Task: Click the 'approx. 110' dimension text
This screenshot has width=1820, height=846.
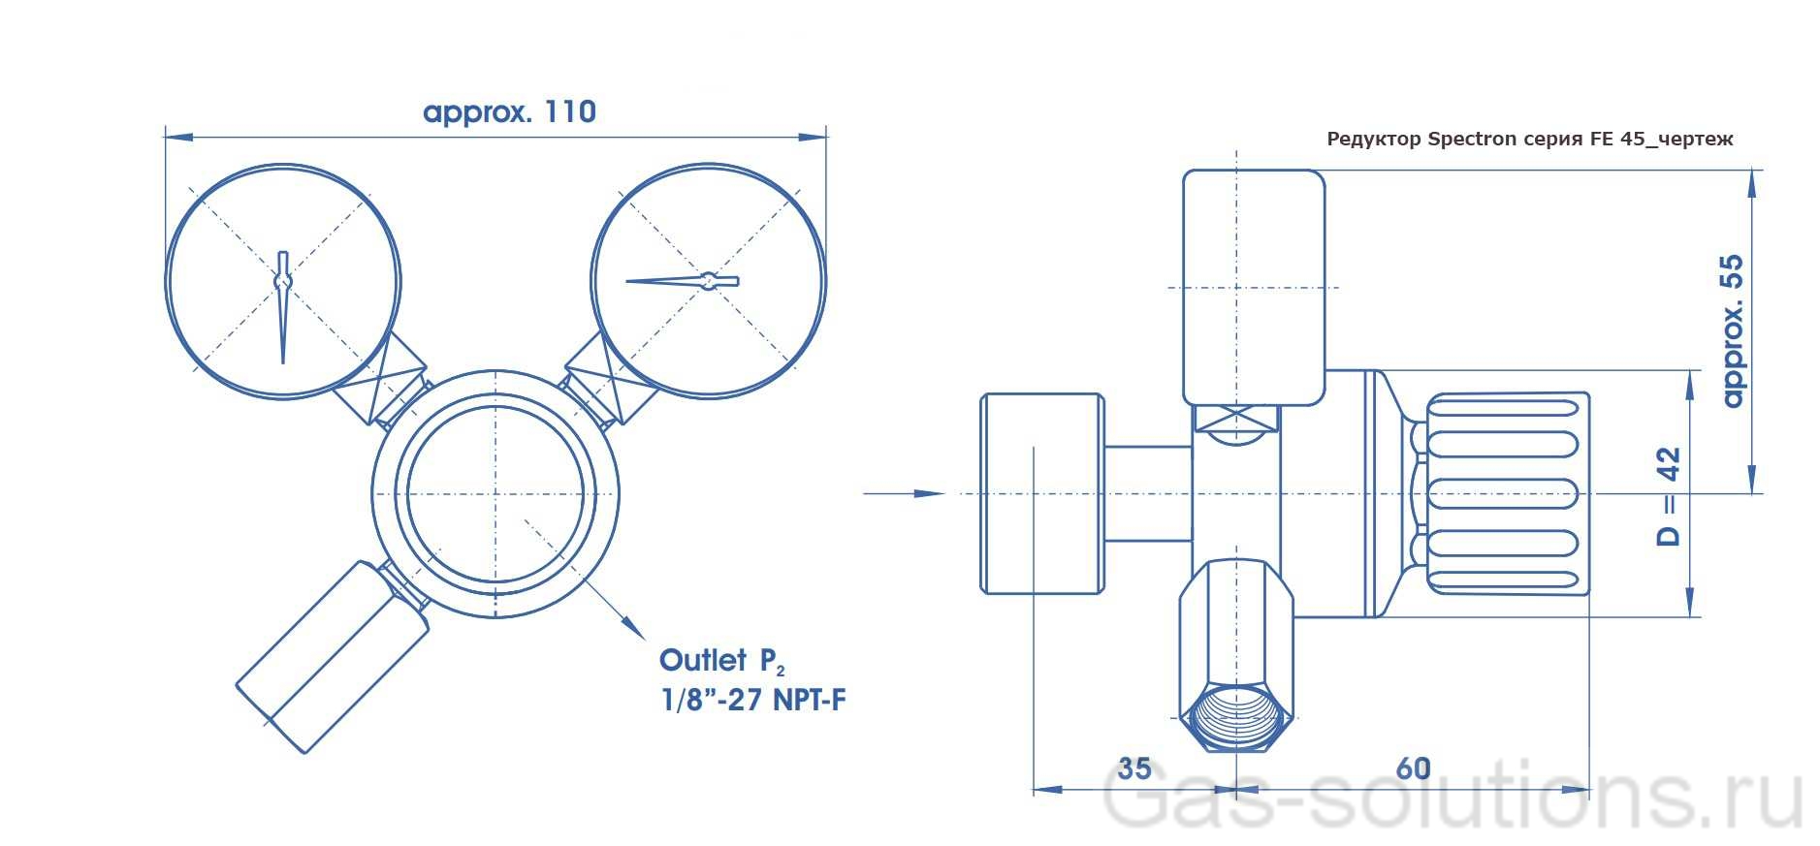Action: point(509,112)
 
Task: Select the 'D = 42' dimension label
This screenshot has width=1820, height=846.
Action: point(1668,496)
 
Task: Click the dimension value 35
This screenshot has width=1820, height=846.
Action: point(1134,768)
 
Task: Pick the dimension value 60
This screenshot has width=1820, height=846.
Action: point(1413,768)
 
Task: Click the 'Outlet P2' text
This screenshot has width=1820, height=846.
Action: point(721,661)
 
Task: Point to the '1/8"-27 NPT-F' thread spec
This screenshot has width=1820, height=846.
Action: point(752,700)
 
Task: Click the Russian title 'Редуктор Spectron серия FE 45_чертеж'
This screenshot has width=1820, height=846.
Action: point(1529,139)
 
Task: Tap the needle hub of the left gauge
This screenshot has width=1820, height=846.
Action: point(282,281)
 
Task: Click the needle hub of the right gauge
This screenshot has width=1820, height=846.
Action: point(709,281)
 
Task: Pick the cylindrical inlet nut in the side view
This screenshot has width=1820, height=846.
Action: point(1041,493)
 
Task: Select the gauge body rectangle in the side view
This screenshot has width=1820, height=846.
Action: point(1253,287)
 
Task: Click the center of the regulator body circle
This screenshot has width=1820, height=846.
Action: point(495,493)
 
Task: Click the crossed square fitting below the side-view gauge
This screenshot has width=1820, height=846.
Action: point(1236,420)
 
